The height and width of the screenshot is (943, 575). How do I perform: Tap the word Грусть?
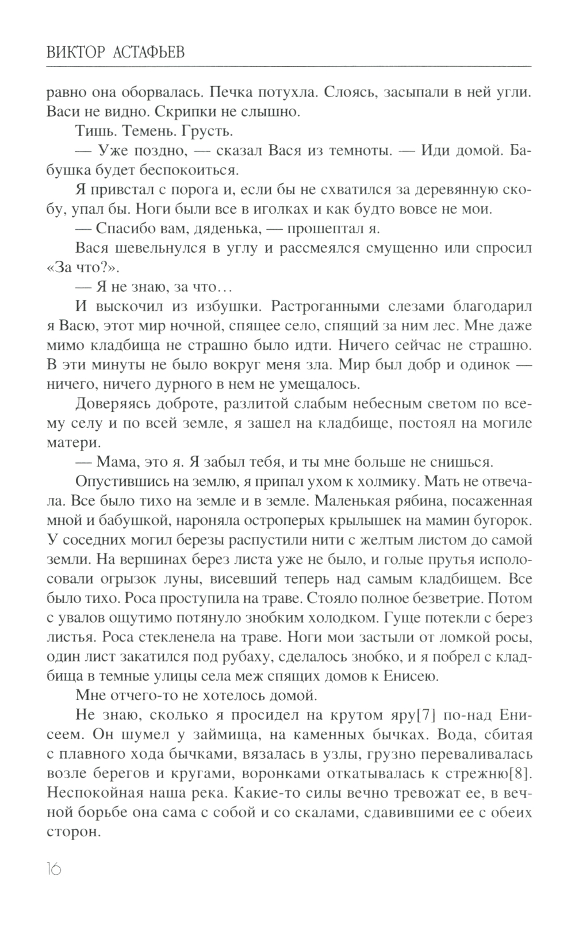207,132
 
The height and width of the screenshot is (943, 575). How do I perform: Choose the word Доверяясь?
113,404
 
